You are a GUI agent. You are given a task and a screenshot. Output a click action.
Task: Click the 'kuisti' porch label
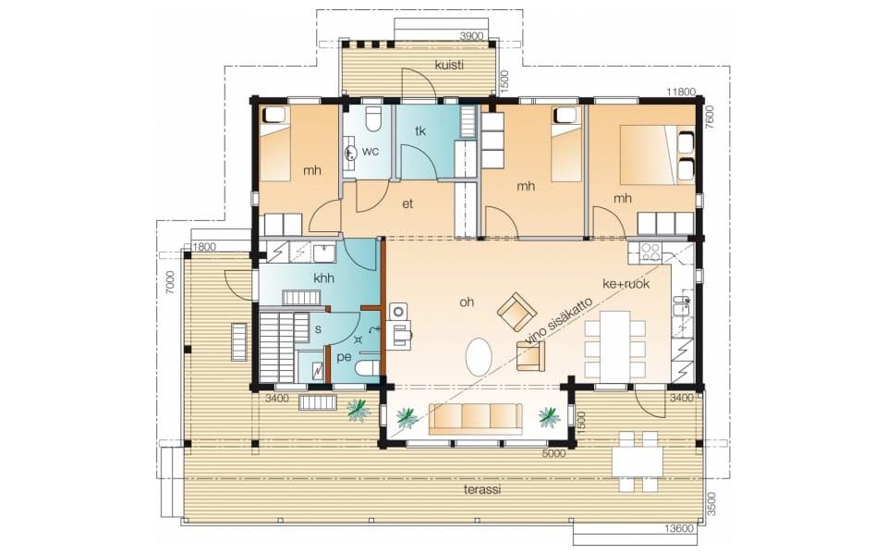coord(449,65)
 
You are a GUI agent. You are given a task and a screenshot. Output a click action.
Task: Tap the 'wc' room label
coord(371,151)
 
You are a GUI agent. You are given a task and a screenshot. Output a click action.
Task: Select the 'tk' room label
coord(420,130)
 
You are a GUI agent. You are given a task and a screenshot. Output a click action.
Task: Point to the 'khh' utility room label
coord(323,278)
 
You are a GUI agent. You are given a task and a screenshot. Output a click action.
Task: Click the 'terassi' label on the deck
coord(482,490)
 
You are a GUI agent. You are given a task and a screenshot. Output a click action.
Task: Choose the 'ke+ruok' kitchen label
coord(626,284)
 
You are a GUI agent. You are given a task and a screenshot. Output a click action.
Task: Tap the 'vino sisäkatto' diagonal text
coord(558,321)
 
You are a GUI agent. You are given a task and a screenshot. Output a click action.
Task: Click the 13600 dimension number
coord(679,529)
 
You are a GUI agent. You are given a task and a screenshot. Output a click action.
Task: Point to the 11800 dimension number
coord(681,92)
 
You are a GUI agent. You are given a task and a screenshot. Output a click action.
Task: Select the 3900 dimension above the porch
coord(472,36)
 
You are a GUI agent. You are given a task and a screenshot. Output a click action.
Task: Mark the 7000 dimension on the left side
coord(169,282)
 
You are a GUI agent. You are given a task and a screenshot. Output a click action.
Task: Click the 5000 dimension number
coord(553,453)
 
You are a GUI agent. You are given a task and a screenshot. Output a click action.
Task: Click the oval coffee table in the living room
coord(480,357)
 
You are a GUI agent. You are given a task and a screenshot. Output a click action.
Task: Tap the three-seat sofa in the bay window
coord(475,418)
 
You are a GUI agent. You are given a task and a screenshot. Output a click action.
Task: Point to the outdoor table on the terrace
coord(637,462)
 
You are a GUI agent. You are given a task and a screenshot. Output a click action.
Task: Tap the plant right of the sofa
coord(549,417)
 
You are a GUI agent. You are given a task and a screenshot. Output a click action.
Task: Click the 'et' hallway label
coord(407,203)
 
